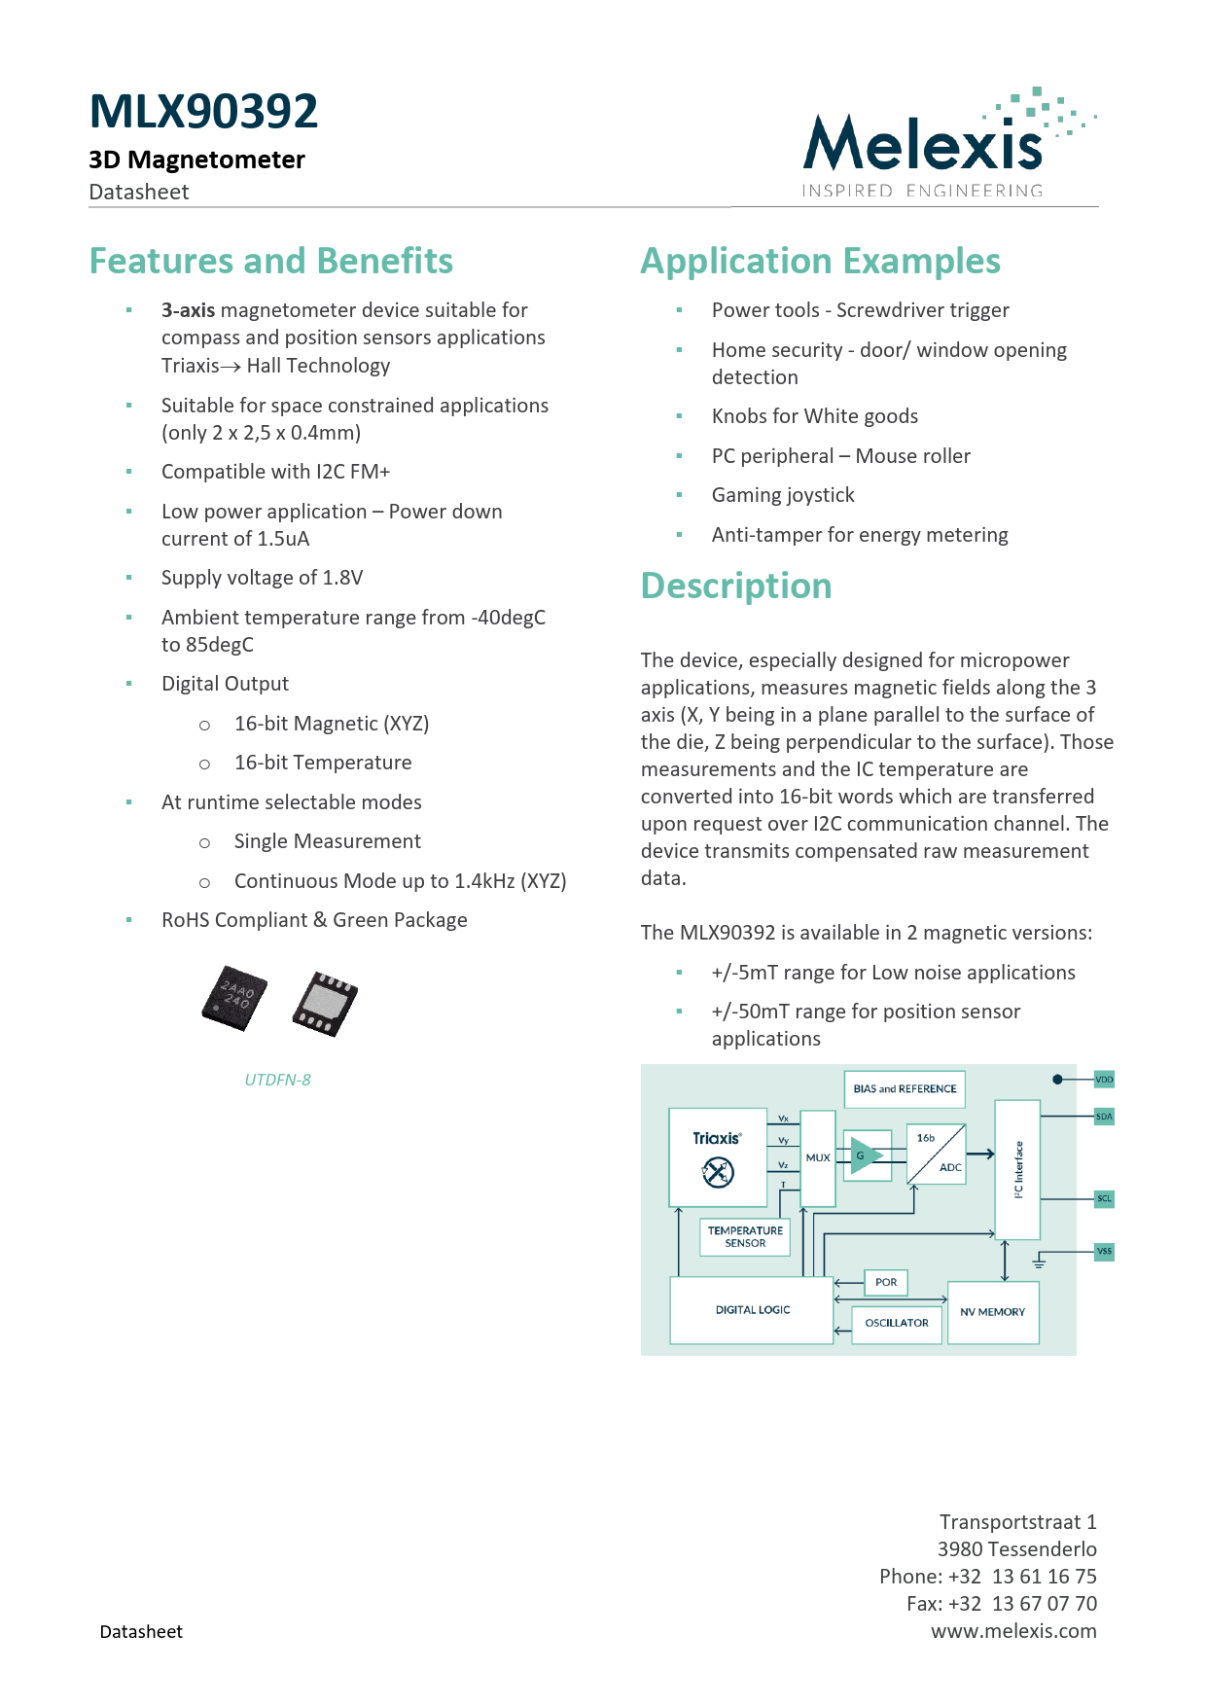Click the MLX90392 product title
[203, 111]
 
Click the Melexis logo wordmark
[923, 145]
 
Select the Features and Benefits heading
[270, 261]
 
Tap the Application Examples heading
[820, 261]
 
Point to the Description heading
[735, 586]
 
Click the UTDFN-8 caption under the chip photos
[277, 1080]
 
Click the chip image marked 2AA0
[234, 997]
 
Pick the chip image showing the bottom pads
[325, 1003]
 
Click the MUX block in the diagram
[818, 1157]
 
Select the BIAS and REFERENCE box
[905, 1089]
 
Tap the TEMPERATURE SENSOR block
[745, 1236]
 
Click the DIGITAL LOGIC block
[752, 1310]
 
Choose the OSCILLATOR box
[897, 1323]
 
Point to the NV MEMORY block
[992, 1312]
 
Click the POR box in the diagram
[886, 1282]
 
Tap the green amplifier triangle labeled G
[865, 1155]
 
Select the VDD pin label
[1104, 1080]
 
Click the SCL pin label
[1104, 1198]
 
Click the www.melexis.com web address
[1013, 1631]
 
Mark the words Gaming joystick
[783, 495]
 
